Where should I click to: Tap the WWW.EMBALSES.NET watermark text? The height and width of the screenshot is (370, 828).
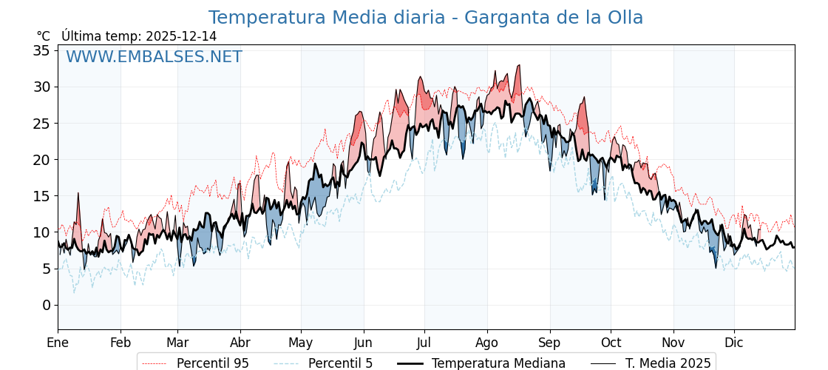tap(154, 57)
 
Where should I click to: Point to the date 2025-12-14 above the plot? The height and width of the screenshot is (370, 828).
tap(181, 36)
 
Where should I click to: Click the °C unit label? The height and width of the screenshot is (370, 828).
tap(43, 36)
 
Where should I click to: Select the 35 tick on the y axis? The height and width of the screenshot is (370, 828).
tap(41, 50)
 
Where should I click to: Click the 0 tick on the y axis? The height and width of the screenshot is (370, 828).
tap(46, 305)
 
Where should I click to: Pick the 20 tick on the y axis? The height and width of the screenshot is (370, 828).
tap(41, 159)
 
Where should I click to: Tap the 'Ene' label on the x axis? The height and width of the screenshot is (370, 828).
tap(58, 343)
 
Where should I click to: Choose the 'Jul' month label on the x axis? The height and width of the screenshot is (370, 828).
tap(424, 343)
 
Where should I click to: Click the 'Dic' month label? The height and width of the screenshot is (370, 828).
tap(734, 343)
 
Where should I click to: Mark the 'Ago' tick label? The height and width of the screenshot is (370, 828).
tap(486, 343)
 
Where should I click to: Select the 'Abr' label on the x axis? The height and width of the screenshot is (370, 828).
tap(240, 343)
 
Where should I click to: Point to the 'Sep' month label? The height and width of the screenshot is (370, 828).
tap(550, 343)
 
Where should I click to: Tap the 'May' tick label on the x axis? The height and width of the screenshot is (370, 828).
tap(301, 343)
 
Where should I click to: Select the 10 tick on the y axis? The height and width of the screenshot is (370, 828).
tap(41, 232)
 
